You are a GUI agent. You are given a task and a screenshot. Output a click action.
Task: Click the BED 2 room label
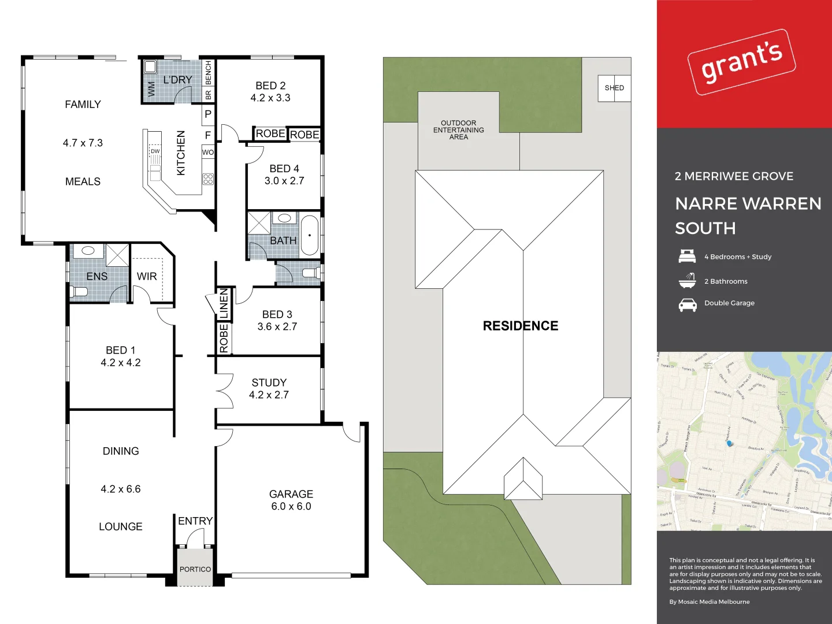(x=270, y=86)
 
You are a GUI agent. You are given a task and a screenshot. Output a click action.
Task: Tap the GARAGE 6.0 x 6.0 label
(x=291, y=500)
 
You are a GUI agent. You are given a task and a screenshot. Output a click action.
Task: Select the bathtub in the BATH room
(x=310, y=235)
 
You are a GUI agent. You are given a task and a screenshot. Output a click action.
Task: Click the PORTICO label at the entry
(x=195, y=569)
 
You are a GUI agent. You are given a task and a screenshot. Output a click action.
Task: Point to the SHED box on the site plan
(x=614, y=88)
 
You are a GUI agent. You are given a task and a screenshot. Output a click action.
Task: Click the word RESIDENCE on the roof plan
(x=521, y=326)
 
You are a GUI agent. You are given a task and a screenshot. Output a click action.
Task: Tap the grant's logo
(x=742, y=62)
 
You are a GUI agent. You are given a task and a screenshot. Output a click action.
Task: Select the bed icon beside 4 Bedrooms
(x=687, y=256)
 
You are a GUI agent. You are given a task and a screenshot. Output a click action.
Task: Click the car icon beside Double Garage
(x=688, y=304)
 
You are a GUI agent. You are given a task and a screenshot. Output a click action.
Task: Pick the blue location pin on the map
(x=729, y=443)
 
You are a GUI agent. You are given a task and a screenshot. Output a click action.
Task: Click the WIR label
(x=147, y=277)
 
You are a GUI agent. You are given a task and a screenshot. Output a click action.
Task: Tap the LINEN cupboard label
(x=224, y=304)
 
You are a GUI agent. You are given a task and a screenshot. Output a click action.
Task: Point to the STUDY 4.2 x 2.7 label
(x=269, y=389)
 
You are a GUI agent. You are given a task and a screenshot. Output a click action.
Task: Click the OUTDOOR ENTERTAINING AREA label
(x=459, y=130)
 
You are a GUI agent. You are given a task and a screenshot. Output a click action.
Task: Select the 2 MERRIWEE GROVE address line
(x=734, y=176)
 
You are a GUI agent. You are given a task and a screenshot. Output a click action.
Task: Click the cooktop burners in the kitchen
(x=208, y=179)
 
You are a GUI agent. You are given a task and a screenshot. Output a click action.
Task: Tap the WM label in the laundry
(x=151, y=88)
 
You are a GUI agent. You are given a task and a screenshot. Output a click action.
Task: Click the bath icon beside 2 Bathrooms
(x=687, y=281)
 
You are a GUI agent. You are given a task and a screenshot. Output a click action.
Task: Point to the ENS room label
(x=97, y=277)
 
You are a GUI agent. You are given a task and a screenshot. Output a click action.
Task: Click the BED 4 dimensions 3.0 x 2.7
(x=284, y=181)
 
